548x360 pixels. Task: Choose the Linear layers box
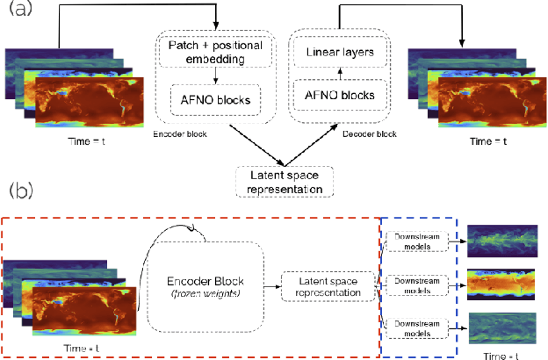(x=339, y=54)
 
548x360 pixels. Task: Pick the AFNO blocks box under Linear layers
(x=339, y=95)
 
